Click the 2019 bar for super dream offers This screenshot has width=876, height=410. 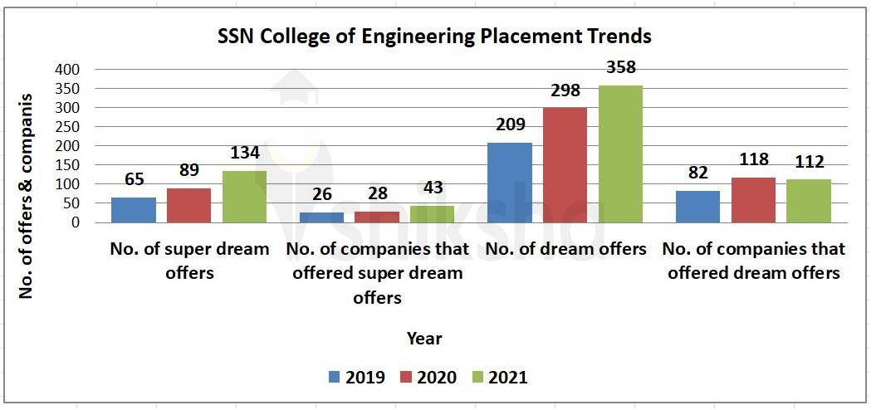(134, 210)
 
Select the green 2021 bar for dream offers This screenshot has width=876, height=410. (620, 154)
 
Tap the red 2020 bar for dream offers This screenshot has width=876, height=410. (565, 165)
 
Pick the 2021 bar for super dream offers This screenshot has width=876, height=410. (244, 197)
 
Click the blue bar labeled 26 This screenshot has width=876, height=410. (321, 217)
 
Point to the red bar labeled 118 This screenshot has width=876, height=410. (753, 200)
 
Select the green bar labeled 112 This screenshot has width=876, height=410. (808, 201)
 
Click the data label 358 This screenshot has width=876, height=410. (620, 68)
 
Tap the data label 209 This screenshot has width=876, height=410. (511, 125)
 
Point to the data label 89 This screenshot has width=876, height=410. (189, 171)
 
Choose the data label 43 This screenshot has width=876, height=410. (432, 188)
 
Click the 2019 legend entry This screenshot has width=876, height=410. (356, 378)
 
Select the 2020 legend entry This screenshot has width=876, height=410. (428, 378)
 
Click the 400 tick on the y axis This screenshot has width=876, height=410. (70, 70)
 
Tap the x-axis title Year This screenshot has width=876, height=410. (424, 339)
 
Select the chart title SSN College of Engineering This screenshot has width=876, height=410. (434, 37)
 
